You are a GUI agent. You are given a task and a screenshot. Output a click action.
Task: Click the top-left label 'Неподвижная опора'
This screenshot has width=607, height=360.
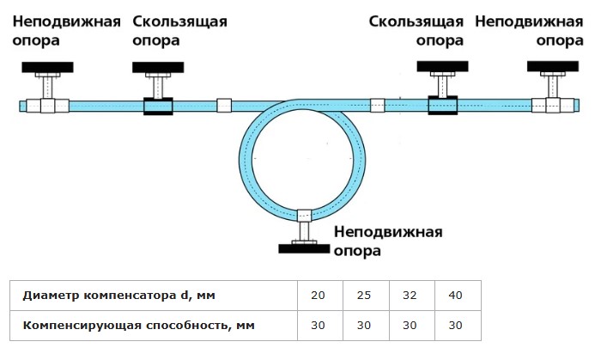[x=67, y=31]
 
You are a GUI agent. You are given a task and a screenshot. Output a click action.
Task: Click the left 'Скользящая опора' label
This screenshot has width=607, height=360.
[x=179, y=31]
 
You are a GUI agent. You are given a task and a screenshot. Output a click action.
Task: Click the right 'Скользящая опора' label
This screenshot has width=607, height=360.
[x=416, y=31]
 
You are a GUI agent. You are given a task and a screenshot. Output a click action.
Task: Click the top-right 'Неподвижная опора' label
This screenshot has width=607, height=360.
[x=529, y=31]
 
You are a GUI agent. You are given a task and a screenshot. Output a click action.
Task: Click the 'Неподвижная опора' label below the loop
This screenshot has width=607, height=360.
[x=388, y=241]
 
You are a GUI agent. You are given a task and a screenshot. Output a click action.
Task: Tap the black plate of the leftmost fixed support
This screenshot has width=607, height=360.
[x=47, y=67]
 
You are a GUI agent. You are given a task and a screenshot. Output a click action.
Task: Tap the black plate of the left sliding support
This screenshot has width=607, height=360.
[x=158, y=67]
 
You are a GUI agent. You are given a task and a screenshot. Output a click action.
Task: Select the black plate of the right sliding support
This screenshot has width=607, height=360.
[x=442, y=66]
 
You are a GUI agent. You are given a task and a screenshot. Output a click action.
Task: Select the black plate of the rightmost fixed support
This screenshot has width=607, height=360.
[x=553, y=66]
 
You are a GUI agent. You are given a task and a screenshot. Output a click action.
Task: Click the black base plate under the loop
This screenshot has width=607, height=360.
[x=304, y=249]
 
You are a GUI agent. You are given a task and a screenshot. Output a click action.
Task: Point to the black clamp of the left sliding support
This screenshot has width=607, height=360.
[x=158, y=106]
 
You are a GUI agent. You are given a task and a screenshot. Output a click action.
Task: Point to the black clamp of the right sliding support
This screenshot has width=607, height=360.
[x=443, y=105]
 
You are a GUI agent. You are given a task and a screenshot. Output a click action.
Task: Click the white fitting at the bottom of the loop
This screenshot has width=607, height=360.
[x=304, y=215]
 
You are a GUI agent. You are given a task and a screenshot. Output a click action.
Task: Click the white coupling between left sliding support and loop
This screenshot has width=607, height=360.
[x=224, y=106]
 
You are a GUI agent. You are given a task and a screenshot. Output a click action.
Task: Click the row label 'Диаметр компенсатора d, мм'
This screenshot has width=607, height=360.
[x=118, y=296]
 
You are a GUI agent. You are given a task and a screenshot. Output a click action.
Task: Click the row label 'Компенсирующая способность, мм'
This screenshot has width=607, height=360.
[x=138, y=325]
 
